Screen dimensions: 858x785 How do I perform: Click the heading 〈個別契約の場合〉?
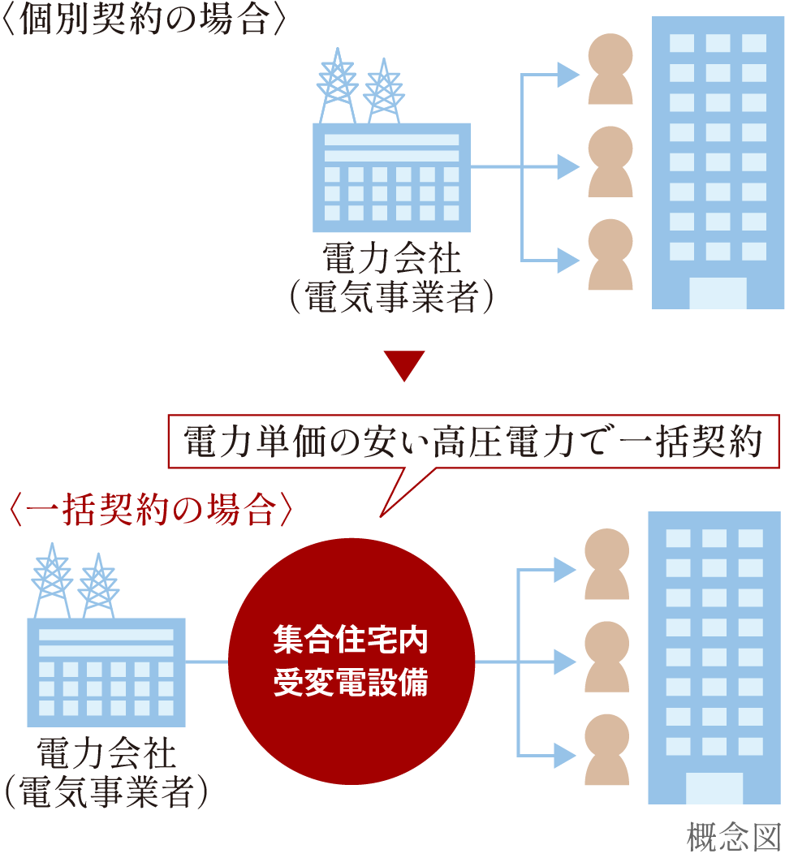144,19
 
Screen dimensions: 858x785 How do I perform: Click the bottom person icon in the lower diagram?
607,750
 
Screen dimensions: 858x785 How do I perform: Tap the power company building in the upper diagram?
391,175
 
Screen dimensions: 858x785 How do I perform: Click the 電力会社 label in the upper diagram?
391,261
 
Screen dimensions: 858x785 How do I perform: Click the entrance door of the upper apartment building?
718,293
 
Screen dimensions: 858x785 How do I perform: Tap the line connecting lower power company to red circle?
207,662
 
